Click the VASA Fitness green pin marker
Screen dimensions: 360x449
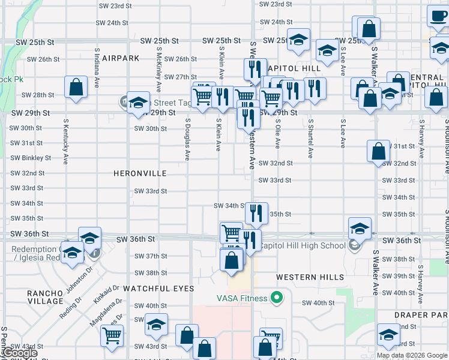pos(277,297)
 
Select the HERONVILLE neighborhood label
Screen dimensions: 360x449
pos(140,173)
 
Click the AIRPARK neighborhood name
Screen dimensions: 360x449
pos(120,58)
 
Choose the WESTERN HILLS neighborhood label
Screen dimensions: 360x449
pos(310,277)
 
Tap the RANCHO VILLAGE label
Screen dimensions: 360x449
pos(46,297)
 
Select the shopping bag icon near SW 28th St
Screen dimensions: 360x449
pos(76,87)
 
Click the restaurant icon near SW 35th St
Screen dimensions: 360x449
pos(256,212)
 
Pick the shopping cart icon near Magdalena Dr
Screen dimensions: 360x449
pos(112,335)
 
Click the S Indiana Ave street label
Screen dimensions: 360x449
pos(96,68)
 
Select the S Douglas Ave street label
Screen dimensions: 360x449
pos(187,139)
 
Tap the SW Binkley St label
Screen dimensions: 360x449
pos(31,158)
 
